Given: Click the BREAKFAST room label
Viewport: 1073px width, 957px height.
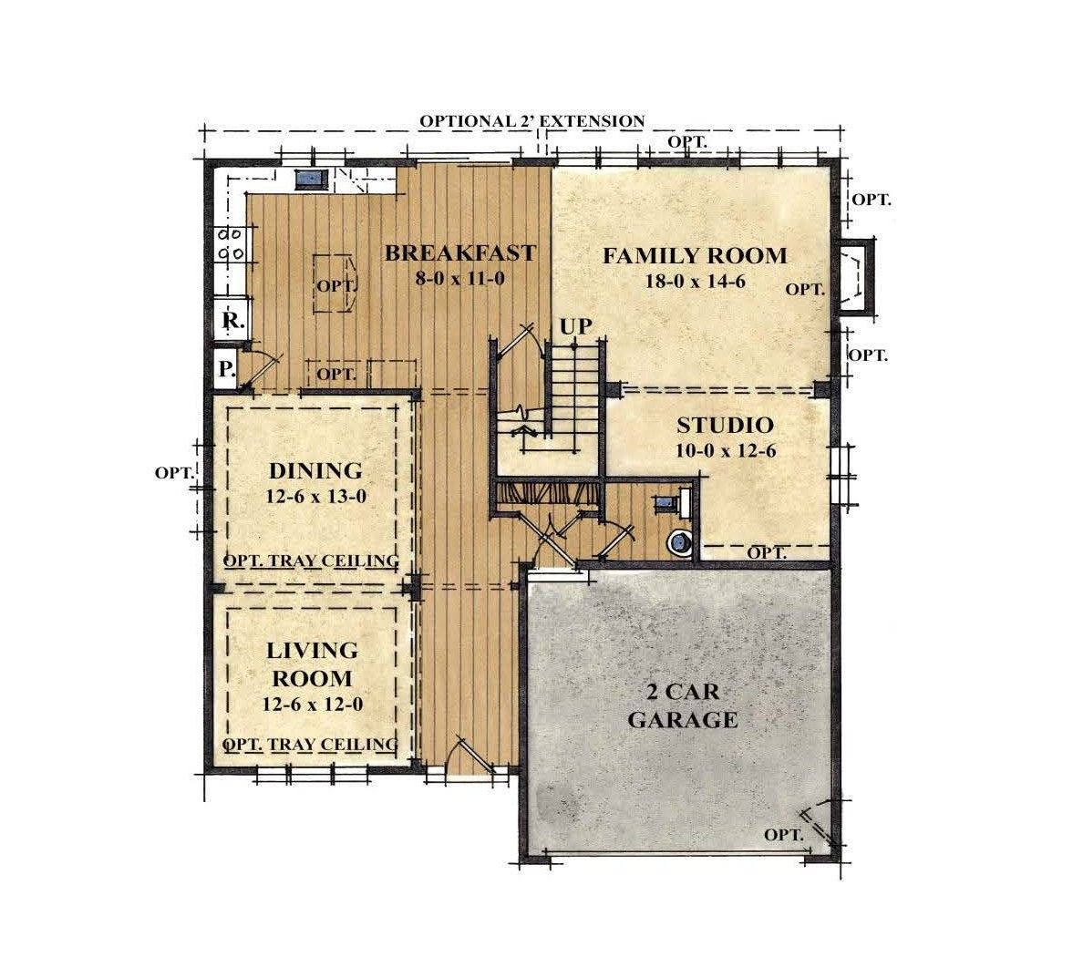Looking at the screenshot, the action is click(x=459, y=252).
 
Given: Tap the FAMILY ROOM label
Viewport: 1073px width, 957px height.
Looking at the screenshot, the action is click(x=695, y=256).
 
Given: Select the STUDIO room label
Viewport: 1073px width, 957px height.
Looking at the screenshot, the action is click(x=726, y=425).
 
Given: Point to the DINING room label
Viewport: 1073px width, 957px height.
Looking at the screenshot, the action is click(x=315, y=470).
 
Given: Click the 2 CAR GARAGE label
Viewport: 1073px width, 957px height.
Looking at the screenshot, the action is click(x=683, y=706).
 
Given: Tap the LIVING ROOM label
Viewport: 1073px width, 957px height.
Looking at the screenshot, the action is click(x=312, y=664).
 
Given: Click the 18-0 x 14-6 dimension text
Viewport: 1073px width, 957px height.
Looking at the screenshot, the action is click(x=696, y=281).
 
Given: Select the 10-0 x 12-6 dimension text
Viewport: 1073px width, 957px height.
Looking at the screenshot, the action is click(x=726, y=451).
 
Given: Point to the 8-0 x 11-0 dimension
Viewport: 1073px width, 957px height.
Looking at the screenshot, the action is click(x=459, y=278).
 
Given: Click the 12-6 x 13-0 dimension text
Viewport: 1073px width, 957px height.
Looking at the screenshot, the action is click(x=316, y=497).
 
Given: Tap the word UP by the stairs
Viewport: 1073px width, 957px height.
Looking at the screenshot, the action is click(x=576, y=327).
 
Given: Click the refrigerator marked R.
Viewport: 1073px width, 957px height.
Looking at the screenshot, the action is click(x=231, y=319).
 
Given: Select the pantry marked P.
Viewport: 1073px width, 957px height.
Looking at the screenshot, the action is click(x=226, y=369).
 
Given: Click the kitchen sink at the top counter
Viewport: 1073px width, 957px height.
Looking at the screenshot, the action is click(x=312, y=180).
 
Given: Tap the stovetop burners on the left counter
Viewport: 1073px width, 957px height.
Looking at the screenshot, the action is click(x=231, y=243).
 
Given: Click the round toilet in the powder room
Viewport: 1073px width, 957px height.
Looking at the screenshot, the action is click(x=680, y=541).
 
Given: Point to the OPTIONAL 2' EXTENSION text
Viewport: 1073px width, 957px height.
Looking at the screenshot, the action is click(x=531, y=121).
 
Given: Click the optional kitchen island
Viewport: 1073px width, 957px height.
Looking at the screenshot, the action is click(x=335, y=283).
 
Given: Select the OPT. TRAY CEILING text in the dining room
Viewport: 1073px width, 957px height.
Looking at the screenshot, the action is click(x=311, y=561).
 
